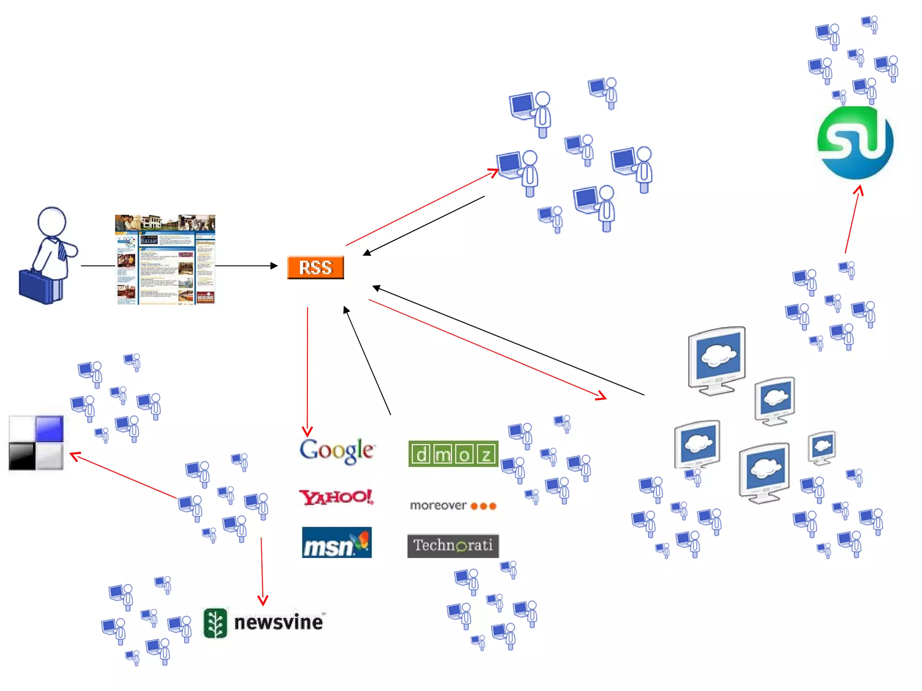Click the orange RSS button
tap(316, 267)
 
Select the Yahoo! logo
tap(336, 497)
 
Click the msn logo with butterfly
tap(337, 543)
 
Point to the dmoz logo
tap(453, 454)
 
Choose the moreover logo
tap(453, 506)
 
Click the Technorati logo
tap(453, 546)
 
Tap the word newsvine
tap(279, 623)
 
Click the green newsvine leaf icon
tap(216, 623)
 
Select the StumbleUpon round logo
tap(855, 143)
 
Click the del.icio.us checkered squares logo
tap(36, 443)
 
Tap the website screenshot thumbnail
tap(165, 260)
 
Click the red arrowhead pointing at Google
tap(307, 432)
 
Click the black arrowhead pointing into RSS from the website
tap(274, 266)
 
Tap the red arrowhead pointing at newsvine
tap(263, 600)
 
